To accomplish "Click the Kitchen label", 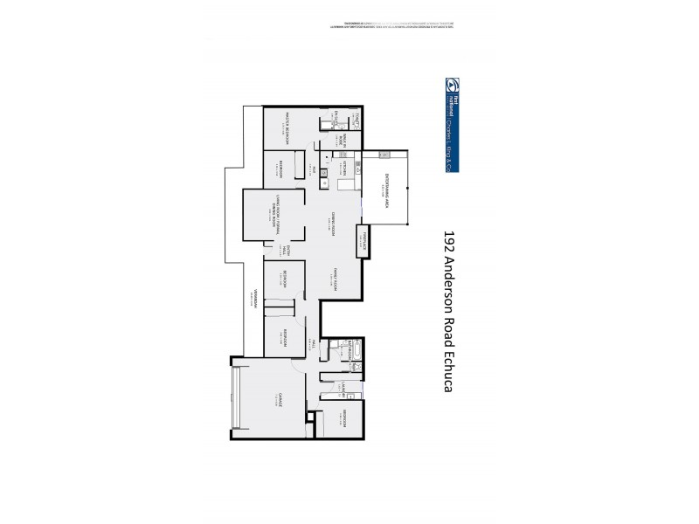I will tap(345, 168).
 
